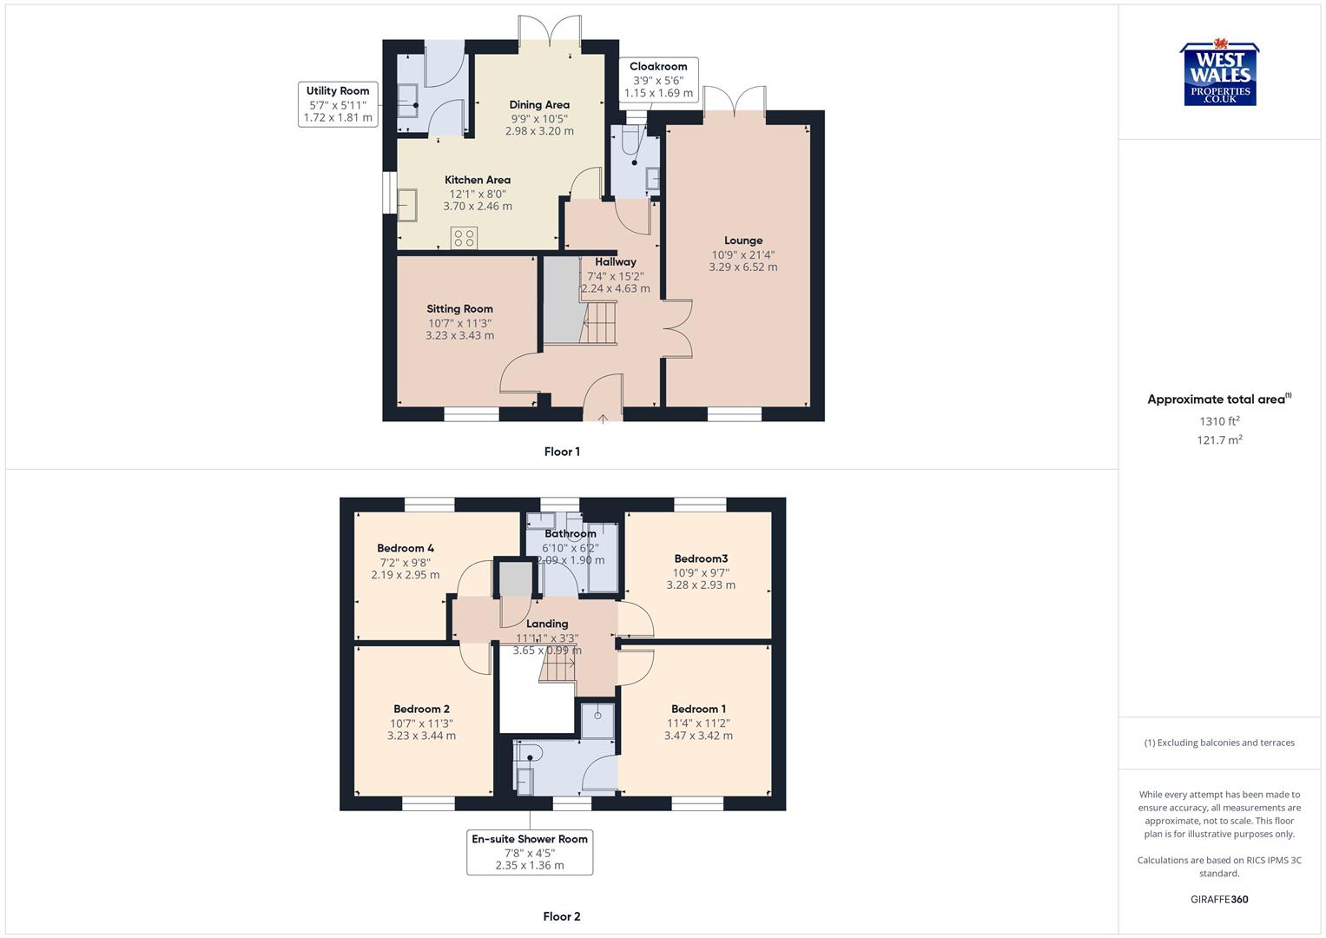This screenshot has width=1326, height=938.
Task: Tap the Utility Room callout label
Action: click(x=338, y=104)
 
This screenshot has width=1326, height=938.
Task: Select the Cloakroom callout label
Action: click(x=658, y=80)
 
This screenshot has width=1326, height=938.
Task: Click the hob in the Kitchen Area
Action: click(x=464, y=237)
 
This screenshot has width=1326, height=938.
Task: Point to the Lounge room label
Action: click(x=743, y=241)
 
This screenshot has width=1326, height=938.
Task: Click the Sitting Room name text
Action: click(x=459, y=308)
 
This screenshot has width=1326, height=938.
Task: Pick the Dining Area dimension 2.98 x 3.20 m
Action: click(x=539, y=131)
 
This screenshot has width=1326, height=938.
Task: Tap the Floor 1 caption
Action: click(x=562, y=452)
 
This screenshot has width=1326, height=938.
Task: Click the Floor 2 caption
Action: click(x=562, y=916)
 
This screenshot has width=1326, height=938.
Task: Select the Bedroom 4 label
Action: click(x=406, y=548)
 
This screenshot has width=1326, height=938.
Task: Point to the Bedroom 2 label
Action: click(x=421, y=709)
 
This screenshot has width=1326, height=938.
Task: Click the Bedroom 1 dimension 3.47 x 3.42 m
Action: click(x=698, y=736)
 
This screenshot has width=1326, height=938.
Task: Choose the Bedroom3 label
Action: click(x=701, y=558)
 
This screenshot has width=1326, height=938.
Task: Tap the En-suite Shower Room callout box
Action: click(x=530, y=852)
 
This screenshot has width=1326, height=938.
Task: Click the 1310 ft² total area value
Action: click(x=1219, y=421)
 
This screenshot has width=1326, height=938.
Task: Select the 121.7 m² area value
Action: click(x=1219, y=440)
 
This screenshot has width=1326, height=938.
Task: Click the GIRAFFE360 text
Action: click(x=1219, y=900)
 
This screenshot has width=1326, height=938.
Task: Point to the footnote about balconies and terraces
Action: click(x=1219, y=743)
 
